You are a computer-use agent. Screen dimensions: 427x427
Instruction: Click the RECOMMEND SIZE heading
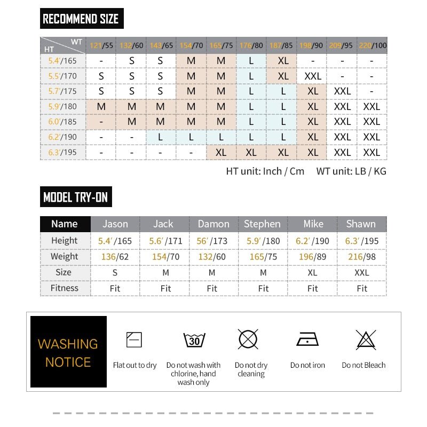click(x=81, y=19)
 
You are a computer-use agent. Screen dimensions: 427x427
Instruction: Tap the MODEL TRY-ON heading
click(x=76, y=197)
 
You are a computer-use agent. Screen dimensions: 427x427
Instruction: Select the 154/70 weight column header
click(x=191, y=45)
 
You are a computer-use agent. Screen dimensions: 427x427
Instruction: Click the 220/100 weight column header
click(x=372, y=45)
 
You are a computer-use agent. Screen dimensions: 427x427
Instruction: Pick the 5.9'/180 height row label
click(x=62, y=106)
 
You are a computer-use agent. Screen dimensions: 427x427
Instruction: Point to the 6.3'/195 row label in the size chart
click(x=62, y=153)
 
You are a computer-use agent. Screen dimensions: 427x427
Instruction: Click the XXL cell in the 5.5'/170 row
click(x=313, y=76)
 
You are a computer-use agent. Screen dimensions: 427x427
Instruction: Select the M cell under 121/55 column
click(x=101, y=106)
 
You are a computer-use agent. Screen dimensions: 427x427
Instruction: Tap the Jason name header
click(x=115, y=224)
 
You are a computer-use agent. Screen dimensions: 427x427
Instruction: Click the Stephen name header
click(x=262, y=224)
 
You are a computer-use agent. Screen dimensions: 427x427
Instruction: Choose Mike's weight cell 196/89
click(x=313, y=257)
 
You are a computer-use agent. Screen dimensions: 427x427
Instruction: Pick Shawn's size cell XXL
click(x=362, y=272)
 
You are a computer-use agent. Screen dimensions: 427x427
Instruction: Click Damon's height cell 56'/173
click(x=212, y=241)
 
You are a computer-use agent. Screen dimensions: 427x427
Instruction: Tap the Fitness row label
click(x=65, y=288)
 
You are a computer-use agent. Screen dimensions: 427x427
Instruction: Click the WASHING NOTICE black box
click(x=68, y=352)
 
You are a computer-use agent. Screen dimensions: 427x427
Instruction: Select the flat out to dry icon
click(x=134, y=339)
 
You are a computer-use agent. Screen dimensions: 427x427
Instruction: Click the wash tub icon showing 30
click(x=194, y=340)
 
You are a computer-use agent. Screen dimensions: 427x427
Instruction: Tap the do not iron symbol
click(x=307, y=339)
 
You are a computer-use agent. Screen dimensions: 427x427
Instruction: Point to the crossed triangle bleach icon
click(x=366, y=340)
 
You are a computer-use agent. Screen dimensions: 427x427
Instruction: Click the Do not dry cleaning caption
click(x=251, y=369)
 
